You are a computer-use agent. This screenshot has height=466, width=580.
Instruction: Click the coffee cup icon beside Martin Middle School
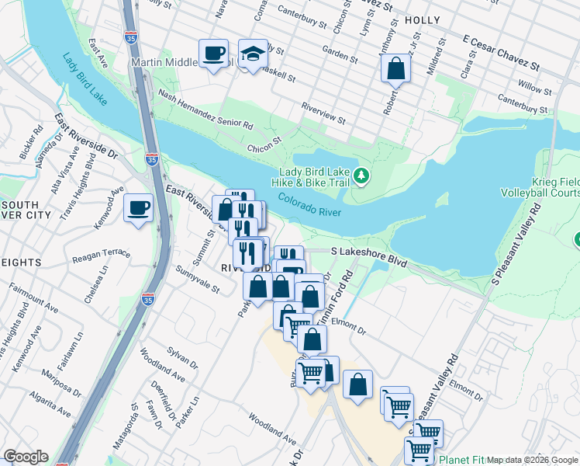[213, 54]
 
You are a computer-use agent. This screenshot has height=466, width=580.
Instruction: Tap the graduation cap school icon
[253, 54]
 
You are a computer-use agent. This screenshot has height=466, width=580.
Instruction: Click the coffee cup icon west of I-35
[139, 208]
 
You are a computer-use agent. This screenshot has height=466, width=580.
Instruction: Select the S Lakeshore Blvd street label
[369, 252]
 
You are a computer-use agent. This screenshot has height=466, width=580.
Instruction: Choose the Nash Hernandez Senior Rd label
[205, 109]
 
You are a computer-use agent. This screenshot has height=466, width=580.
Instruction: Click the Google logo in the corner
[26, 457]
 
